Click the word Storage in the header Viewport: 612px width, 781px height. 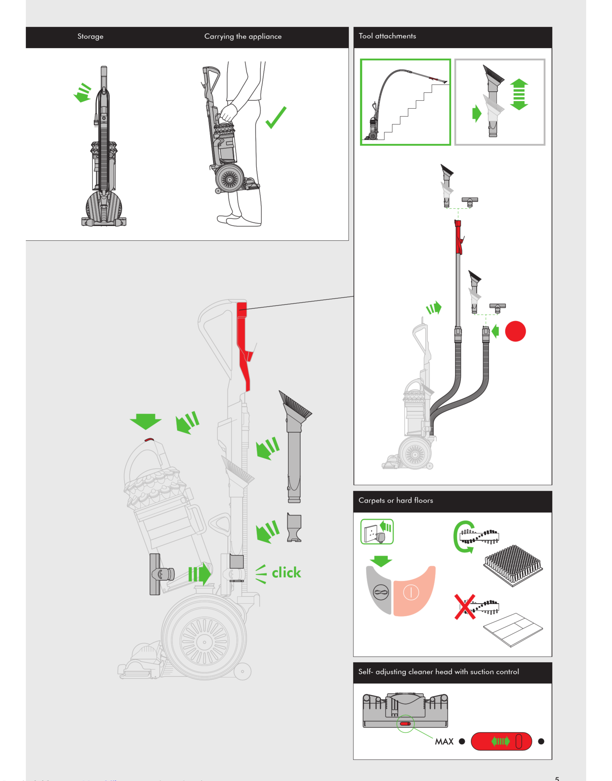[90, 37]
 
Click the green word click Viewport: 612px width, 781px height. [286, 572]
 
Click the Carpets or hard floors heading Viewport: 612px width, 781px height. [396, 500]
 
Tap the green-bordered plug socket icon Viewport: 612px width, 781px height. [377, 532]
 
